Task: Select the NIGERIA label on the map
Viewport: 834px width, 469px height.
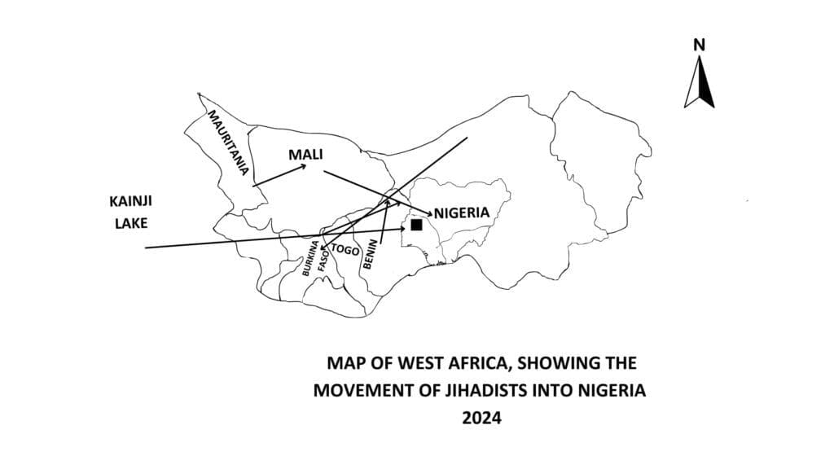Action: click(x=462, y=213)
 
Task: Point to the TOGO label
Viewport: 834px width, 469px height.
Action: click(x=346, y=251)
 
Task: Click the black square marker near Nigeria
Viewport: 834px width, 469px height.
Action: click(x=416, y=225)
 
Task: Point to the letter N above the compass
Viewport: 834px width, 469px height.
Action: click(x=698, y=46)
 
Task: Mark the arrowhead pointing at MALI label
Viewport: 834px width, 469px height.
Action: click(x=303, y=166)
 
